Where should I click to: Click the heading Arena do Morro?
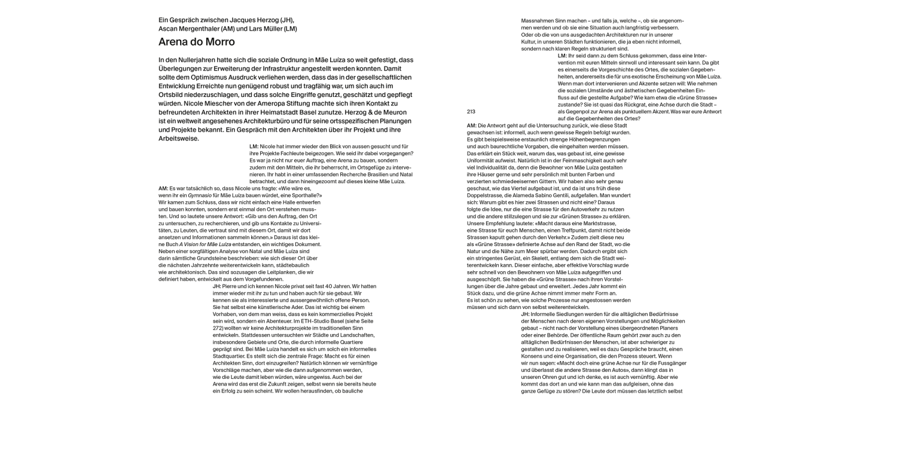[197, 42]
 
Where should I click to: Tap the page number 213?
[471, 111]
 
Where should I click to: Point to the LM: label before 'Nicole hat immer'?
[254, 147]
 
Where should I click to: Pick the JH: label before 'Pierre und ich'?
[217, 286]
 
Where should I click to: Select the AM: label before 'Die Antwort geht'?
[471, 125]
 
